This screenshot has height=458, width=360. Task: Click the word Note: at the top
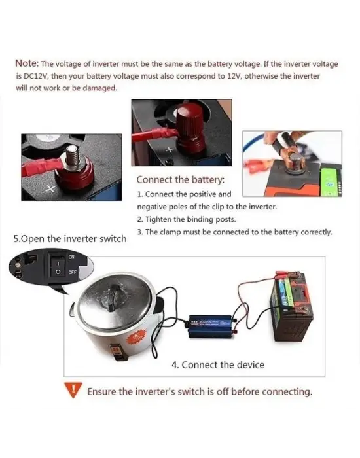27,63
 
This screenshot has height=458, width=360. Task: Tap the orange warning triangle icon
73,390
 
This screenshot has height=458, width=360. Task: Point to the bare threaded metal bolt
73,156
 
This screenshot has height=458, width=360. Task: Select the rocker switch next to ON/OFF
58,267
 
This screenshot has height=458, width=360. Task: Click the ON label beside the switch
71,257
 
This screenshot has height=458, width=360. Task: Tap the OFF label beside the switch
73,272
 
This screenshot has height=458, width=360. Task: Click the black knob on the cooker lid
113,297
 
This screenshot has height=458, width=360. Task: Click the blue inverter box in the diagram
210,326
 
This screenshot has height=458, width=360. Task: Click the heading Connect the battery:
181,180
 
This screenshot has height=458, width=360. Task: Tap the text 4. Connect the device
218,365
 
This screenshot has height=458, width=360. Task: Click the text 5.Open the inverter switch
70,239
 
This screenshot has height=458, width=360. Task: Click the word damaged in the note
99,88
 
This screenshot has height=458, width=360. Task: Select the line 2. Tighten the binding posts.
186,219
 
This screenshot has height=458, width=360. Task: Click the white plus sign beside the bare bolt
50,189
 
